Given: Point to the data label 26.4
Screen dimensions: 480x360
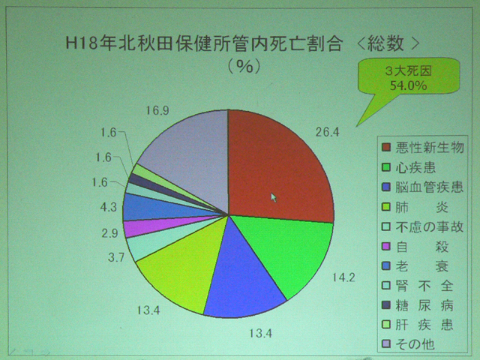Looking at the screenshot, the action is pyautogui.click(x=328, y=132).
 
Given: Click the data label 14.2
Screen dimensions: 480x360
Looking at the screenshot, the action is pyautogui.click(x=343, y=277).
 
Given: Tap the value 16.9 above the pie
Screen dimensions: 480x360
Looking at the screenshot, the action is pyautogui.click(x=157, y=110).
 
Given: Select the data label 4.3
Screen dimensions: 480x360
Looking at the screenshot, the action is pyautogui.click(x=109, y=207).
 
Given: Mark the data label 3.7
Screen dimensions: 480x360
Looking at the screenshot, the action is pyautogui.click(x=116, y=257).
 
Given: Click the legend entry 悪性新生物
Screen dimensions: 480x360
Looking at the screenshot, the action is pyautogui.click(x=423, y=148).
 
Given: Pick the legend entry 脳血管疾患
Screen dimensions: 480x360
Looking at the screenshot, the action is pyautogui.click(x=423, y=187).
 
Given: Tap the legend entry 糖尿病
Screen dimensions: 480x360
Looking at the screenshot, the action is pyautogui.click(x=418, y=305).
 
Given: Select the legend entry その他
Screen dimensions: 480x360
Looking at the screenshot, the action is pyautogui.click(x=408, y=344).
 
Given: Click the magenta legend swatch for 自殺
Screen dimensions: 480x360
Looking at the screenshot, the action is pyautogui.click(x=386, y=246).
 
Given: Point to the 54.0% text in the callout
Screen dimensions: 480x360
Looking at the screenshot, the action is pyautogui.click(x=408, y=85).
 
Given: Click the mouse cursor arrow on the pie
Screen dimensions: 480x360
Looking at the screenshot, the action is pyautogui.click(x=274, y=198).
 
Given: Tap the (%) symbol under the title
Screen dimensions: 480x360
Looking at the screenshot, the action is pyautogui.click(x=244, y=66).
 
